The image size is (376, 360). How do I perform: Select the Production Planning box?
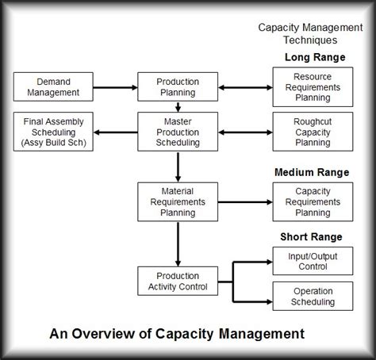(177, 86)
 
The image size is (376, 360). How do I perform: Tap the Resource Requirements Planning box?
(313, 86)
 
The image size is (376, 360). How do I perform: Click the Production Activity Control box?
(177, 280)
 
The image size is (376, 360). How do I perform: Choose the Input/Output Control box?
(313, 260)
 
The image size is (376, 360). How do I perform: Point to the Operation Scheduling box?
(313, 295)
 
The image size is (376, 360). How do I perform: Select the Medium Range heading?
(311, 172)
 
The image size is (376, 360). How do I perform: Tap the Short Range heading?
(311, 237)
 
